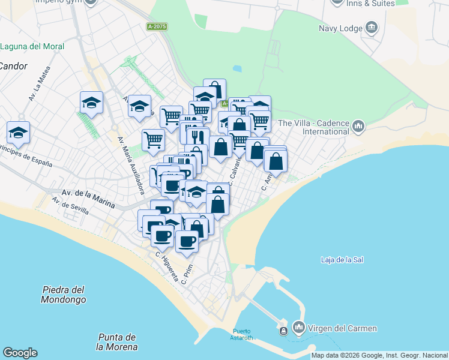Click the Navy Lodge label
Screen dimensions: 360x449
[340, 28]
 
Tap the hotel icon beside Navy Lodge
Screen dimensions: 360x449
[372, 28]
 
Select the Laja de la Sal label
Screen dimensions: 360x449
[342, 260]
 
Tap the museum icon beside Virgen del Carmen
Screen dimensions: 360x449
[298, 328]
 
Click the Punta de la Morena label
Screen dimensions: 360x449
[116, 342]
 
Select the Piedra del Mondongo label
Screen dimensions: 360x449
[64, 294]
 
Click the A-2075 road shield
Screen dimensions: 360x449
[157, 26]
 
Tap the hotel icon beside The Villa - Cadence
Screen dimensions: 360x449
[358, 126]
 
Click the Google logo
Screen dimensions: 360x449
[20, 353]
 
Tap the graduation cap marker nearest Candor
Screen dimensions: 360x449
[18, 133]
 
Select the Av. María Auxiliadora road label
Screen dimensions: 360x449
[131, 165]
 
